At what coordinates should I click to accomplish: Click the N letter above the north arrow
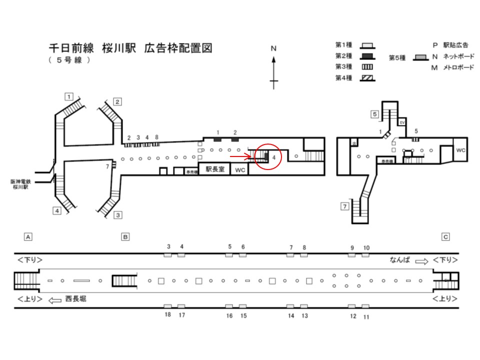[x=273, y=48]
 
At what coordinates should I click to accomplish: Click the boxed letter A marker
[x=28, y=236]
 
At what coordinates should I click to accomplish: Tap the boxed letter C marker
[x=445, y=236]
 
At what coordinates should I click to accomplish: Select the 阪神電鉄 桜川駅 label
[x=22, y=184]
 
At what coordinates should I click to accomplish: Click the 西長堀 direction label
[x=75, y=298]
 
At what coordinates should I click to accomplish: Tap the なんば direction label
[x=400, y=260]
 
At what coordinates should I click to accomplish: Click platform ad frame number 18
[x=168, y=314]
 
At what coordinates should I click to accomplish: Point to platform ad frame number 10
[x=366, y=248]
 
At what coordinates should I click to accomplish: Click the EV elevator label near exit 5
[x=401, y=122]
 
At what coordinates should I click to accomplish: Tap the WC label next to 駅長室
[x=240, y=170]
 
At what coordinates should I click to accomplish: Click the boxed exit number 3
[x=118, y=215]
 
